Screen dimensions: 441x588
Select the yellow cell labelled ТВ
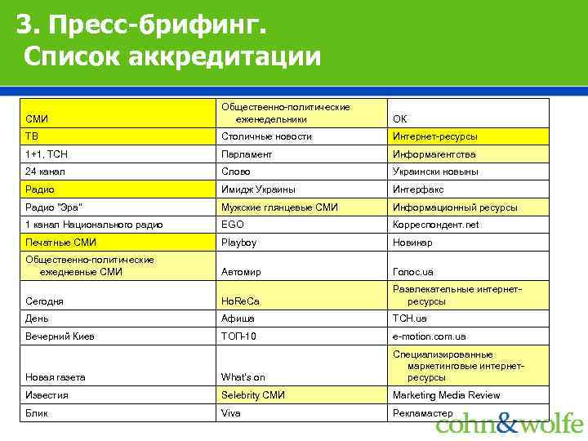tap(118, 136)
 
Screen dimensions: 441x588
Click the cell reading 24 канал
tap(118, 171)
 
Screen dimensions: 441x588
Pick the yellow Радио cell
tap(118, 189)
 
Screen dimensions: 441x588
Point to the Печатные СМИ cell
tap(118, 243)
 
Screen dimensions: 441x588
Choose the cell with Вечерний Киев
tap(118, 336)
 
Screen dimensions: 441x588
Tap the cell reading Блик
tap(118, 413)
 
